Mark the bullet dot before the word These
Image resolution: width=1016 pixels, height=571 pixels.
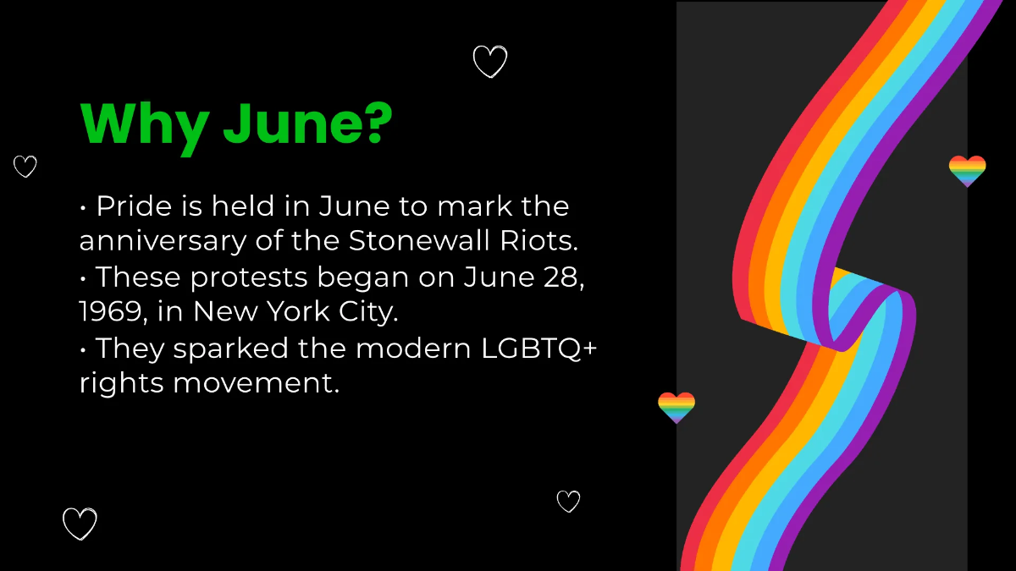click(84, 277)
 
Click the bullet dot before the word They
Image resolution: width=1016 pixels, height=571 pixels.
click(84, 349)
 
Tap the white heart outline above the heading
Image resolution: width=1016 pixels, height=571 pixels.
click(489, 62)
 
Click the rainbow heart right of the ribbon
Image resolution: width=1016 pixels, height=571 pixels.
click(967, 171)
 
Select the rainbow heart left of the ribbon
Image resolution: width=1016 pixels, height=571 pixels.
click(676, 407)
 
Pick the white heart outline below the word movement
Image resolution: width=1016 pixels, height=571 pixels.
click(568, 502)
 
